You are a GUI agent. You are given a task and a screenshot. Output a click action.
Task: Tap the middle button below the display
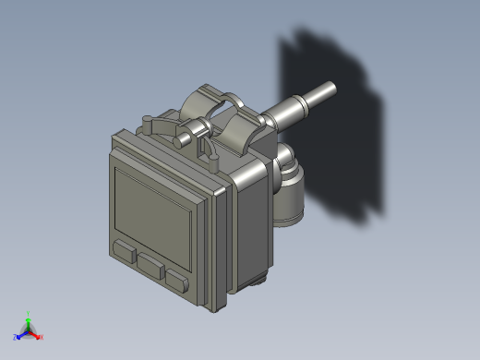click(150, 266)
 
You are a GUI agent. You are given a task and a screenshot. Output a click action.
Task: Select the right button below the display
click(177, 280)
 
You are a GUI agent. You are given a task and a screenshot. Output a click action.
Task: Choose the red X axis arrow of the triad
click(36, 334)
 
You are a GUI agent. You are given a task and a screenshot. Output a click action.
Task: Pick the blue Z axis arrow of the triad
click(21, 334)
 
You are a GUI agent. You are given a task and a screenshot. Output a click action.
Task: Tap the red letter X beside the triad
click(42, 337)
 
